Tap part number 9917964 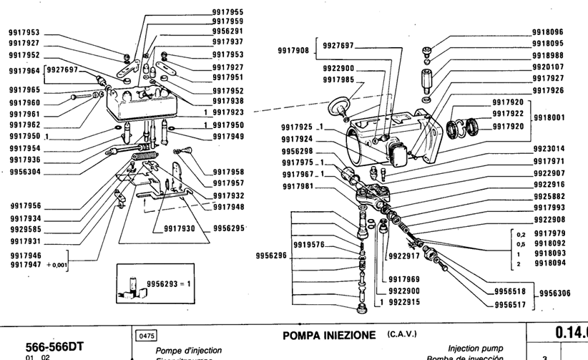(x=24, y=71)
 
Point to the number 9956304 (x=24, y=172)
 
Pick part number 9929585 (x=25, y=230)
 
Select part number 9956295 (x=229, y=228)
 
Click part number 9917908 (x=293, y=51)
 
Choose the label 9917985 (x=338, y=79)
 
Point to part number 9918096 (x=548, y=32)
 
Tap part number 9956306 (x=557, y=293)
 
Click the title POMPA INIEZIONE (x=329, y=335)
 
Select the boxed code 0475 (x=144, y=335)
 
